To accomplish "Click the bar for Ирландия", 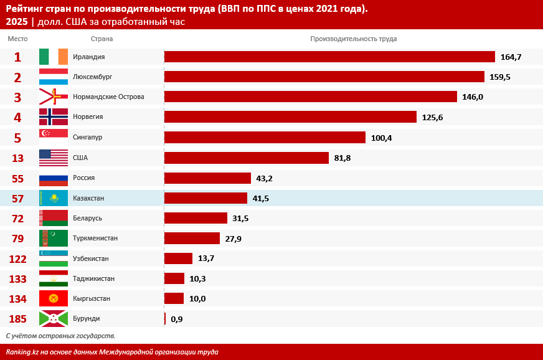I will tap(329, 57).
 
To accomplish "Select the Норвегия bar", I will tap(290, 117).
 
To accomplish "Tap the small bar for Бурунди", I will tap(165, 319).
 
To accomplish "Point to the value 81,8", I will tap(342, 158).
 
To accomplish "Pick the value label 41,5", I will tap(261, 198).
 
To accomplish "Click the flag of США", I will tap(54, 158).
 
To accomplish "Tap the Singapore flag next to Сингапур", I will tap(54, 137).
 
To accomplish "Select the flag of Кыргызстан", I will tap(54, 298).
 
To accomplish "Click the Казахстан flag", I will tap(54, 198).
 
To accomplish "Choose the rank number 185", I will tap(17, 319).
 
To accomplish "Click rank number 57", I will tap(17, 198).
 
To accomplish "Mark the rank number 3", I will tap(17, 97).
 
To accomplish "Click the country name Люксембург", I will tap(93, 77).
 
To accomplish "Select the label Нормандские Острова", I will tap(108, 97).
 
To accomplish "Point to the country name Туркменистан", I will tap(95, 238).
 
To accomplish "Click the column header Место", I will tap(17, 39).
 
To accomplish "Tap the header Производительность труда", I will tap(353, 39).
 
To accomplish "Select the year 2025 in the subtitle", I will tap(17, 22).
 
